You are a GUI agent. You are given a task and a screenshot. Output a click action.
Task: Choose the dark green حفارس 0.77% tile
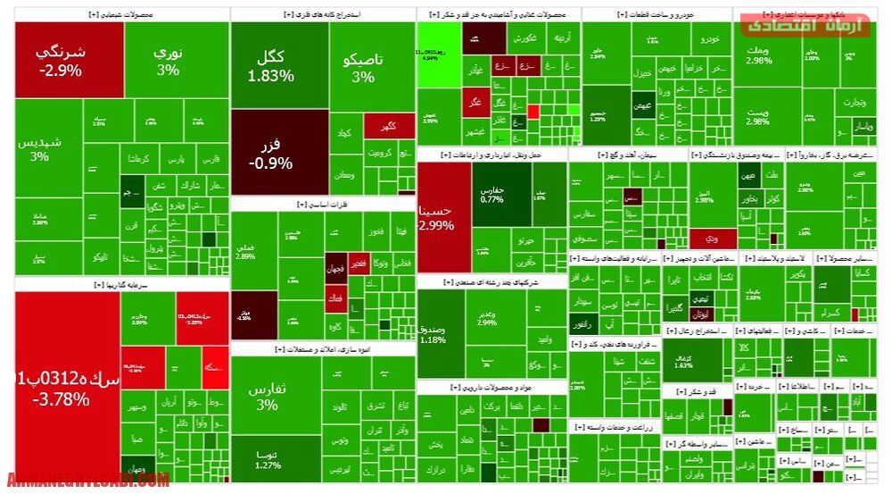[x=492, y=195]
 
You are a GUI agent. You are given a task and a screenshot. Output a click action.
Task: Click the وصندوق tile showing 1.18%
[x=433, y=334]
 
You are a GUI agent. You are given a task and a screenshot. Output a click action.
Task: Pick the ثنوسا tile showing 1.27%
[x=267, y=459]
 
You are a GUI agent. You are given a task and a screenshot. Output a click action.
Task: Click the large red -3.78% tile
[x=62, y=389]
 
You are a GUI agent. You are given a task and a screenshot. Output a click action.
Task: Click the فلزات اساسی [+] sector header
[x=323, y=204]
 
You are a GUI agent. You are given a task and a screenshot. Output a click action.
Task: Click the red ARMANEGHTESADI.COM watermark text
[x=87, y=480]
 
